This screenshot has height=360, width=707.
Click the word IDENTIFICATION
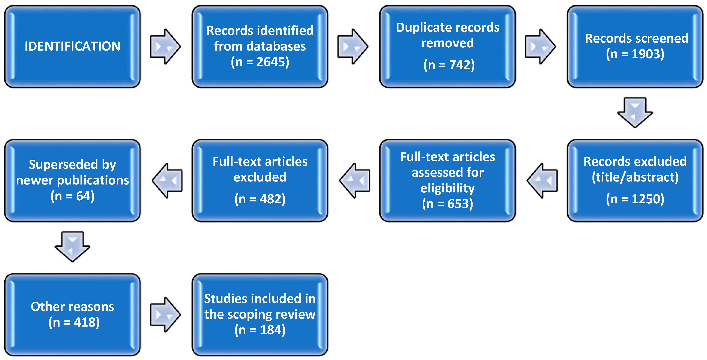72,46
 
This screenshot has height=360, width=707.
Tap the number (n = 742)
449,65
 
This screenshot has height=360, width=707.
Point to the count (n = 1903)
635,54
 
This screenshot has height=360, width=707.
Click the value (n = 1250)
635,199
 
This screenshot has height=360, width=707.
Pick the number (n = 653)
448,204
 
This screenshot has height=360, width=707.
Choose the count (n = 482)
260,199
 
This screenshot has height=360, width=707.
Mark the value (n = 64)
72,196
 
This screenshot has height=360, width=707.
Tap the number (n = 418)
74,322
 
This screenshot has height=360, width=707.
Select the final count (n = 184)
260,330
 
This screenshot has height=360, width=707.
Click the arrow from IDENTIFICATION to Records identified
165,46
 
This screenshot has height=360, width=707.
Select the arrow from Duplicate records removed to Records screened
540,46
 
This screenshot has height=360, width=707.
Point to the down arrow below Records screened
635,112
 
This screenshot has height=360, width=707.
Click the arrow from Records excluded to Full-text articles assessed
542,181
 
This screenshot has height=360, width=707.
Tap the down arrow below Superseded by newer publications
72,247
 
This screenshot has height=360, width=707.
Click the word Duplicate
422,28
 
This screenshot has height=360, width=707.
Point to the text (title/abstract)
635,177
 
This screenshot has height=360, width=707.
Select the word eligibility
448,188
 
